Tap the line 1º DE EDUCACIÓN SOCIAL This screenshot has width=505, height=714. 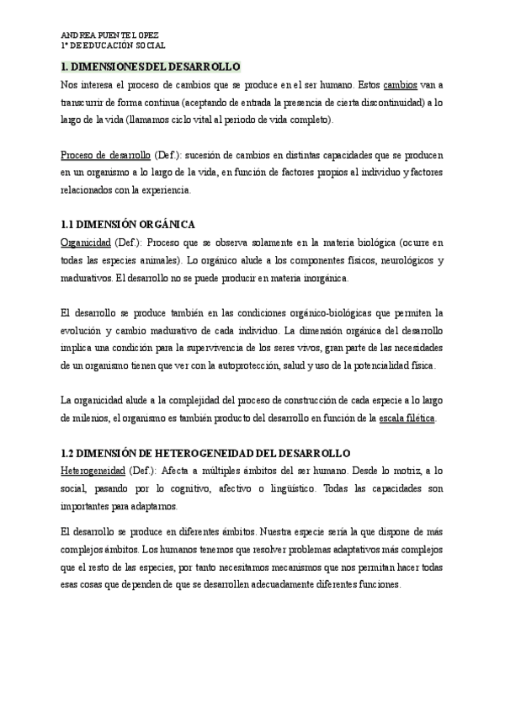(x=114, y=46)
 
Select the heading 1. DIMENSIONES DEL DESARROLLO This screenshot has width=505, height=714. (x=151, y=67)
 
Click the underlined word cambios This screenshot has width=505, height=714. (x=400, y=85)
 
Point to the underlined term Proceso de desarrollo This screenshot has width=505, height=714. (x=105, y=157)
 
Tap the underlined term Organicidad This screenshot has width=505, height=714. (x=87, y=242)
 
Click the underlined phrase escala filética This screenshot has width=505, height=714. (x=407, y=418)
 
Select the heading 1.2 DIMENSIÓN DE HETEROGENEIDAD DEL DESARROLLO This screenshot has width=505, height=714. (x=206, y=453)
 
